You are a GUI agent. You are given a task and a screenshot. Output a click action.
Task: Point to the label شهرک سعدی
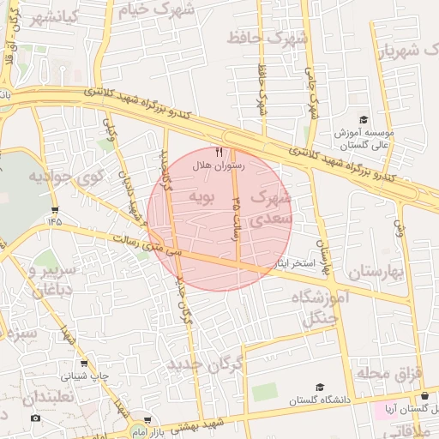point(273,208)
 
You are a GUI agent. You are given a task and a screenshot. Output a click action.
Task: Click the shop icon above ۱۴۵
point(56,209)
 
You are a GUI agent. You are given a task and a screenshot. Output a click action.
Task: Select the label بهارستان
point(376,273)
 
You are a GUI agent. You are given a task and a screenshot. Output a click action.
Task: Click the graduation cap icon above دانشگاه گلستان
point(320,387)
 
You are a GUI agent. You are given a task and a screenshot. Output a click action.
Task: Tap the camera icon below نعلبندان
point(35,418)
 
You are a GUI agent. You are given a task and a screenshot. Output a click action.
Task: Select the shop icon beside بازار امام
point(147,421)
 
